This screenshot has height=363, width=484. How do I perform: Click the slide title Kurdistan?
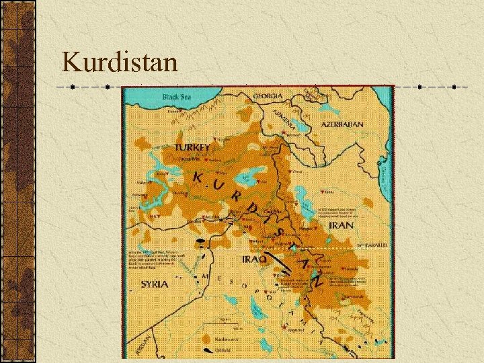(120, 63)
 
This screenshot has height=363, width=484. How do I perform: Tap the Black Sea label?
(177, 97)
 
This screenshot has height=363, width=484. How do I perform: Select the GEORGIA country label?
(268, 96)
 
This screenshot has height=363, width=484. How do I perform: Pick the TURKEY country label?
(192, 147)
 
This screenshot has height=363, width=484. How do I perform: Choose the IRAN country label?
(341, 225)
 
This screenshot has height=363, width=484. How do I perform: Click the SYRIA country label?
(154, 284)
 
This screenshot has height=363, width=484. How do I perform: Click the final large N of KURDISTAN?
(316, 283)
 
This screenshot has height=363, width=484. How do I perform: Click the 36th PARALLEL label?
(374, 245)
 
